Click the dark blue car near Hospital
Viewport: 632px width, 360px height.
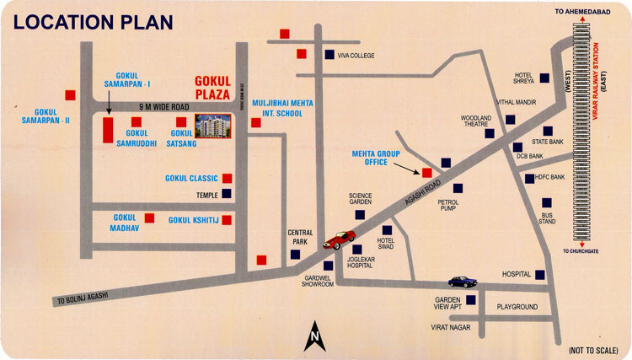pyautogui.click(x=460, y=282)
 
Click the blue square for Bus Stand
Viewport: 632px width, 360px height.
pyautogui.click(x=547, y=204)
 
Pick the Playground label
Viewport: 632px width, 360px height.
pyautogui.click(x=517, y=306)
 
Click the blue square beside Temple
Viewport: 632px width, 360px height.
pyautogui.click(x=227, y=193)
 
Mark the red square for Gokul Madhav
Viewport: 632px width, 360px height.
pyautogui.click(x=150, y=218)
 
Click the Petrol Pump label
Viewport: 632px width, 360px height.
pyautogui.click(x=447, y=206)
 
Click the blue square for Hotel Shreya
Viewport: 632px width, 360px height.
pyautogui.click(x=545, y=78)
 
